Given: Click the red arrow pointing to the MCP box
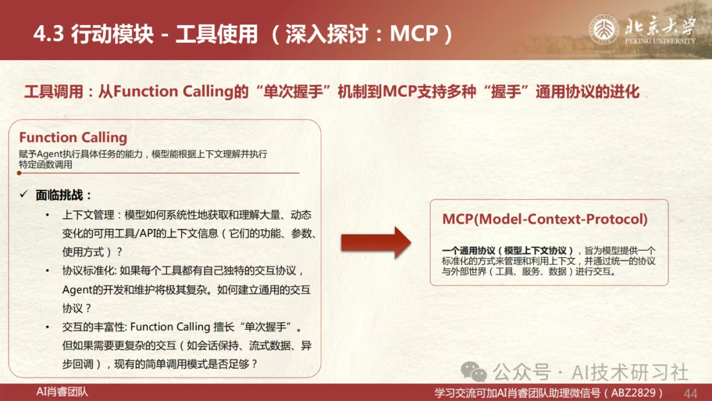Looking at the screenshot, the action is [x=376, y=243].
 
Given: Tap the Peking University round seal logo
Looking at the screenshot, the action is [x=603, y=29].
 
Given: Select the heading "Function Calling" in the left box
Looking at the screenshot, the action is [x=73, y=137].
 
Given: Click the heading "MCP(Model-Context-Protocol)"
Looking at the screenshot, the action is [x=545, y=219].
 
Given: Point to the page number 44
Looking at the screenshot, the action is [x=690, y=393].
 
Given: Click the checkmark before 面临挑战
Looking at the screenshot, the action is [x=24, y=195].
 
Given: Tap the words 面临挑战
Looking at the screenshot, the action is [x=59, y=195].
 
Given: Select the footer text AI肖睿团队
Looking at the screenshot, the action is [x=62, y=392].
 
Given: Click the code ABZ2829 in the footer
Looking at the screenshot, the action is [x=633, y=393].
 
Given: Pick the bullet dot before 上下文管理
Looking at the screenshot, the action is [x=47, y=215].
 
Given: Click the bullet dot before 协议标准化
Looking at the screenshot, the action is [x=47, y=270].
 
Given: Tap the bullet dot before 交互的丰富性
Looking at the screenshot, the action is [x=47, y=327].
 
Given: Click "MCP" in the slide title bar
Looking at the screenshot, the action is [x=413, y=33].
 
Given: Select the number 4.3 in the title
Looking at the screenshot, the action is [x=49, y=34].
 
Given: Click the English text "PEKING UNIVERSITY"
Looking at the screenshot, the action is [x=660, y=41].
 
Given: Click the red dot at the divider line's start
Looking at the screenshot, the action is [x=19, y=173].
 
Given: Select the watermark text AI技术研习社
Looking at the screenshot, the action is [x=630, y=373].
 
